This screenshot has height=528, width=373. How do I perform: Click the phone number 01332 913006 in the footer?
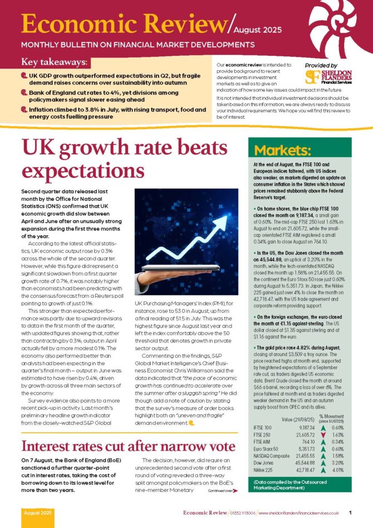243,512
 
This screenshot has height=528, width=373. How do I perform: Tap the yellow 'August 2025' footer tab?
38,512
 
